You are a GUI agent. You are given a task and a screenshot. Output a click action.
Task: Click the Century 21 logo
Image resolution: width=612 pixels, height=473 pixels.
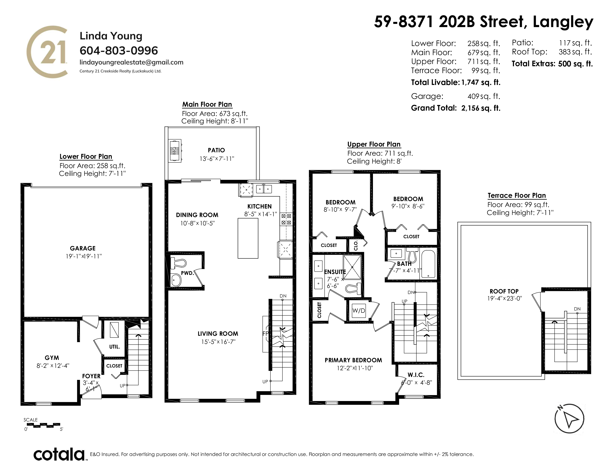click(47, 52)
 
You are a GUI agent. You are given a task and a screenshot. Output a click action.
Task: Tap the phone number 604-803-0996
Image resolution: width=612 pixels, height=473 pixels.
click(119, 51)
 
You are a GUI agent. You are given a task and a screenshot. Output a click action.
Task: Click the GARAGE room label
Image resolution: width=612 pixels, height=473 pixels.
click(83, 248)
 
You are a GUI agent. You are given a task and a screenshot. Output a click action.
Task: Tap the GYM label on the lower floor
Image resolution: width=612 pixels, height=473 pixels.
click(52, 358)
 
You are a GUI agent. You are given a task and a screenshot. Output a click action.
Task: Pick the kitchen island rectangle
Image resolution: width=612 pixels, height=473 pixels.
click(248, 238)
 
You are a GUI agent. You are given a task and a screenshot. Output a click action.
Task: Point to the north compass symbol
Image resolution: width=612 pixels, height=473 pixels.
click(569, 419)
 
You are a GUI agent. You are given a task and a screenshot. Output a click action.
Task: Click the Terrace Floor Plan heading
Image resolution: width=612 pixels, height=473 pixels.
click(517, 196)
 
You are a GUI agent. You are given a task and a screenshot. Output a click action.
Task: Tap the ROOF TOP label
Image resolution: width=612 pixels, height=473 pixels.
click(504, 291)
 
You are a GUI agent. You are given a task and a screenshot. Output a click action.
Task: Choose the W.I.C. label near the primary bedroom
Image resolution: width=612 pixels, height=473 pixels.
click(416, 375)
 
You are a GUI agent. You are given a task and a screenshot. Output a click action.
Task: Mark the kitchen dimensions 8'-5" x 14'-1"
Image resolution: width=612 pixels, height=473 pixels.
click(261, 214)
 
